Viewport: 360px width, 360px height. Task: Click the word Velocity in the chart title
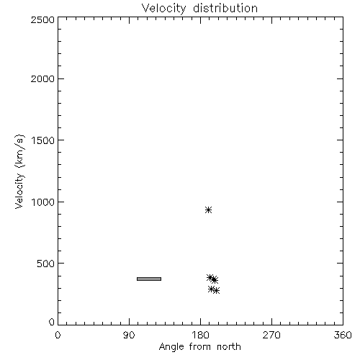(164, 9)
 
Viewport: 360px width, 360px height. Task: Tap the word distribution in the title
(225, 8)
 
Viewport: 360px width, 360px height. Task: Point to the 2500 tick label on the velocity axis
(42, 19)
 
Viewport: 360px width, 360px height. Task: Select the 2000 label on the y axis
(42, 78)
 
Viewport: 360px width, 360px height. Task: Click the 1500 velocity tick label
(43, 140)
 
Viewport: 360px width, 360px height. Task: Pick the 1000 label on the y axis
(43, 202)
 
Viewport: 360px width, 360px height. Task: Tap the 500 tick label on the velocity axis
(46, 264)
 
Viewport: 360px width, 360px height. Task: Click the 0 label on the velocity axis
(52, 322)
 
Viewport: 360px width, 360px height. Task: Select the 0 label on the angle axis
(58, 335)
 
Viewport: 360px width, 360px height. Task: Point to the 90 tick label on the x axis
(129, 335)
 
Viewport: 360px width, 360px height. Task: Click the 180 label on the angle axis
(200, 335)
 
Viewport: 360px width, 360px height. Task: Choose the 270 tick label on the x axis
(271, 335)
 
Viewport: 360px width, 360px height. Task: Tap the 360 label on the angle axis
(343, 335)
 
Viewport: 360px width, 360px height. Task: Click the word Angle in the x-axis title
(171, 347)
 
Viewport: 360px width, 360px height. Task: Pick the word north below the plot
(229, 346)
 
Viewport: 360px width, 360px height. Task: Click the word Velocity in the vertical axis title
(19, 191)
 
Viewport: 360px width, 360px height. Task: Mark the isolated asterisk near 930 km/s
(208, 210)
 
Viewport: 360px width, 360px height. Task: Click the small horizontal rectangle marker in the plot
(149, 279)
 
